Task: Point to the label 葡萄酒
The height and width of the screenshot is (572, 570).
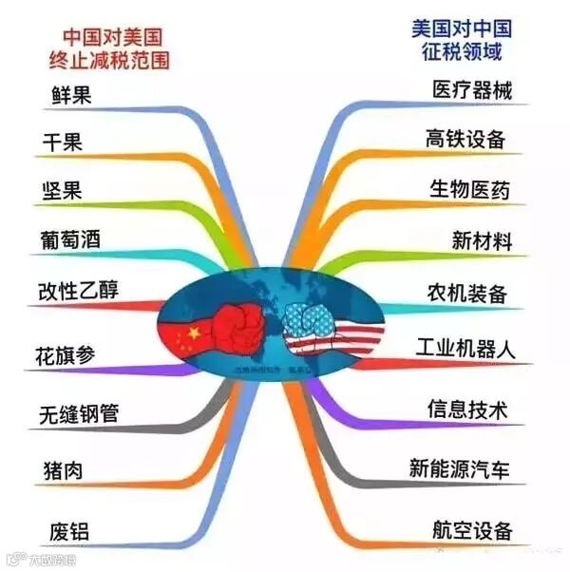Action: click(72, 239)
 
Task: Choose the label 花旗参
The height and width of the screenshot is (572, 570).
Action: click(66, 356)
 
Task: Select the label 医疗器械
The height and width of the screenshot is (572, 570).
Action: click(471, 90)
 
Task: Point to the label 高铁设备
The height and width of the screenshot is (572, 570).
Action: click(465, 139)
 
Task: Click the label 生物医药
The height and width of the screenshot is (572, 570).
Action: click(469, 188)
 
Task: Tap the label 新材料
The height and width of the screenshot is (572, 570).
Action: click(481, 239)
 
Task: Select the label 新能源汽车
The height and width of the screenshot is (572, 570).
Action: click(459, 468)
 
